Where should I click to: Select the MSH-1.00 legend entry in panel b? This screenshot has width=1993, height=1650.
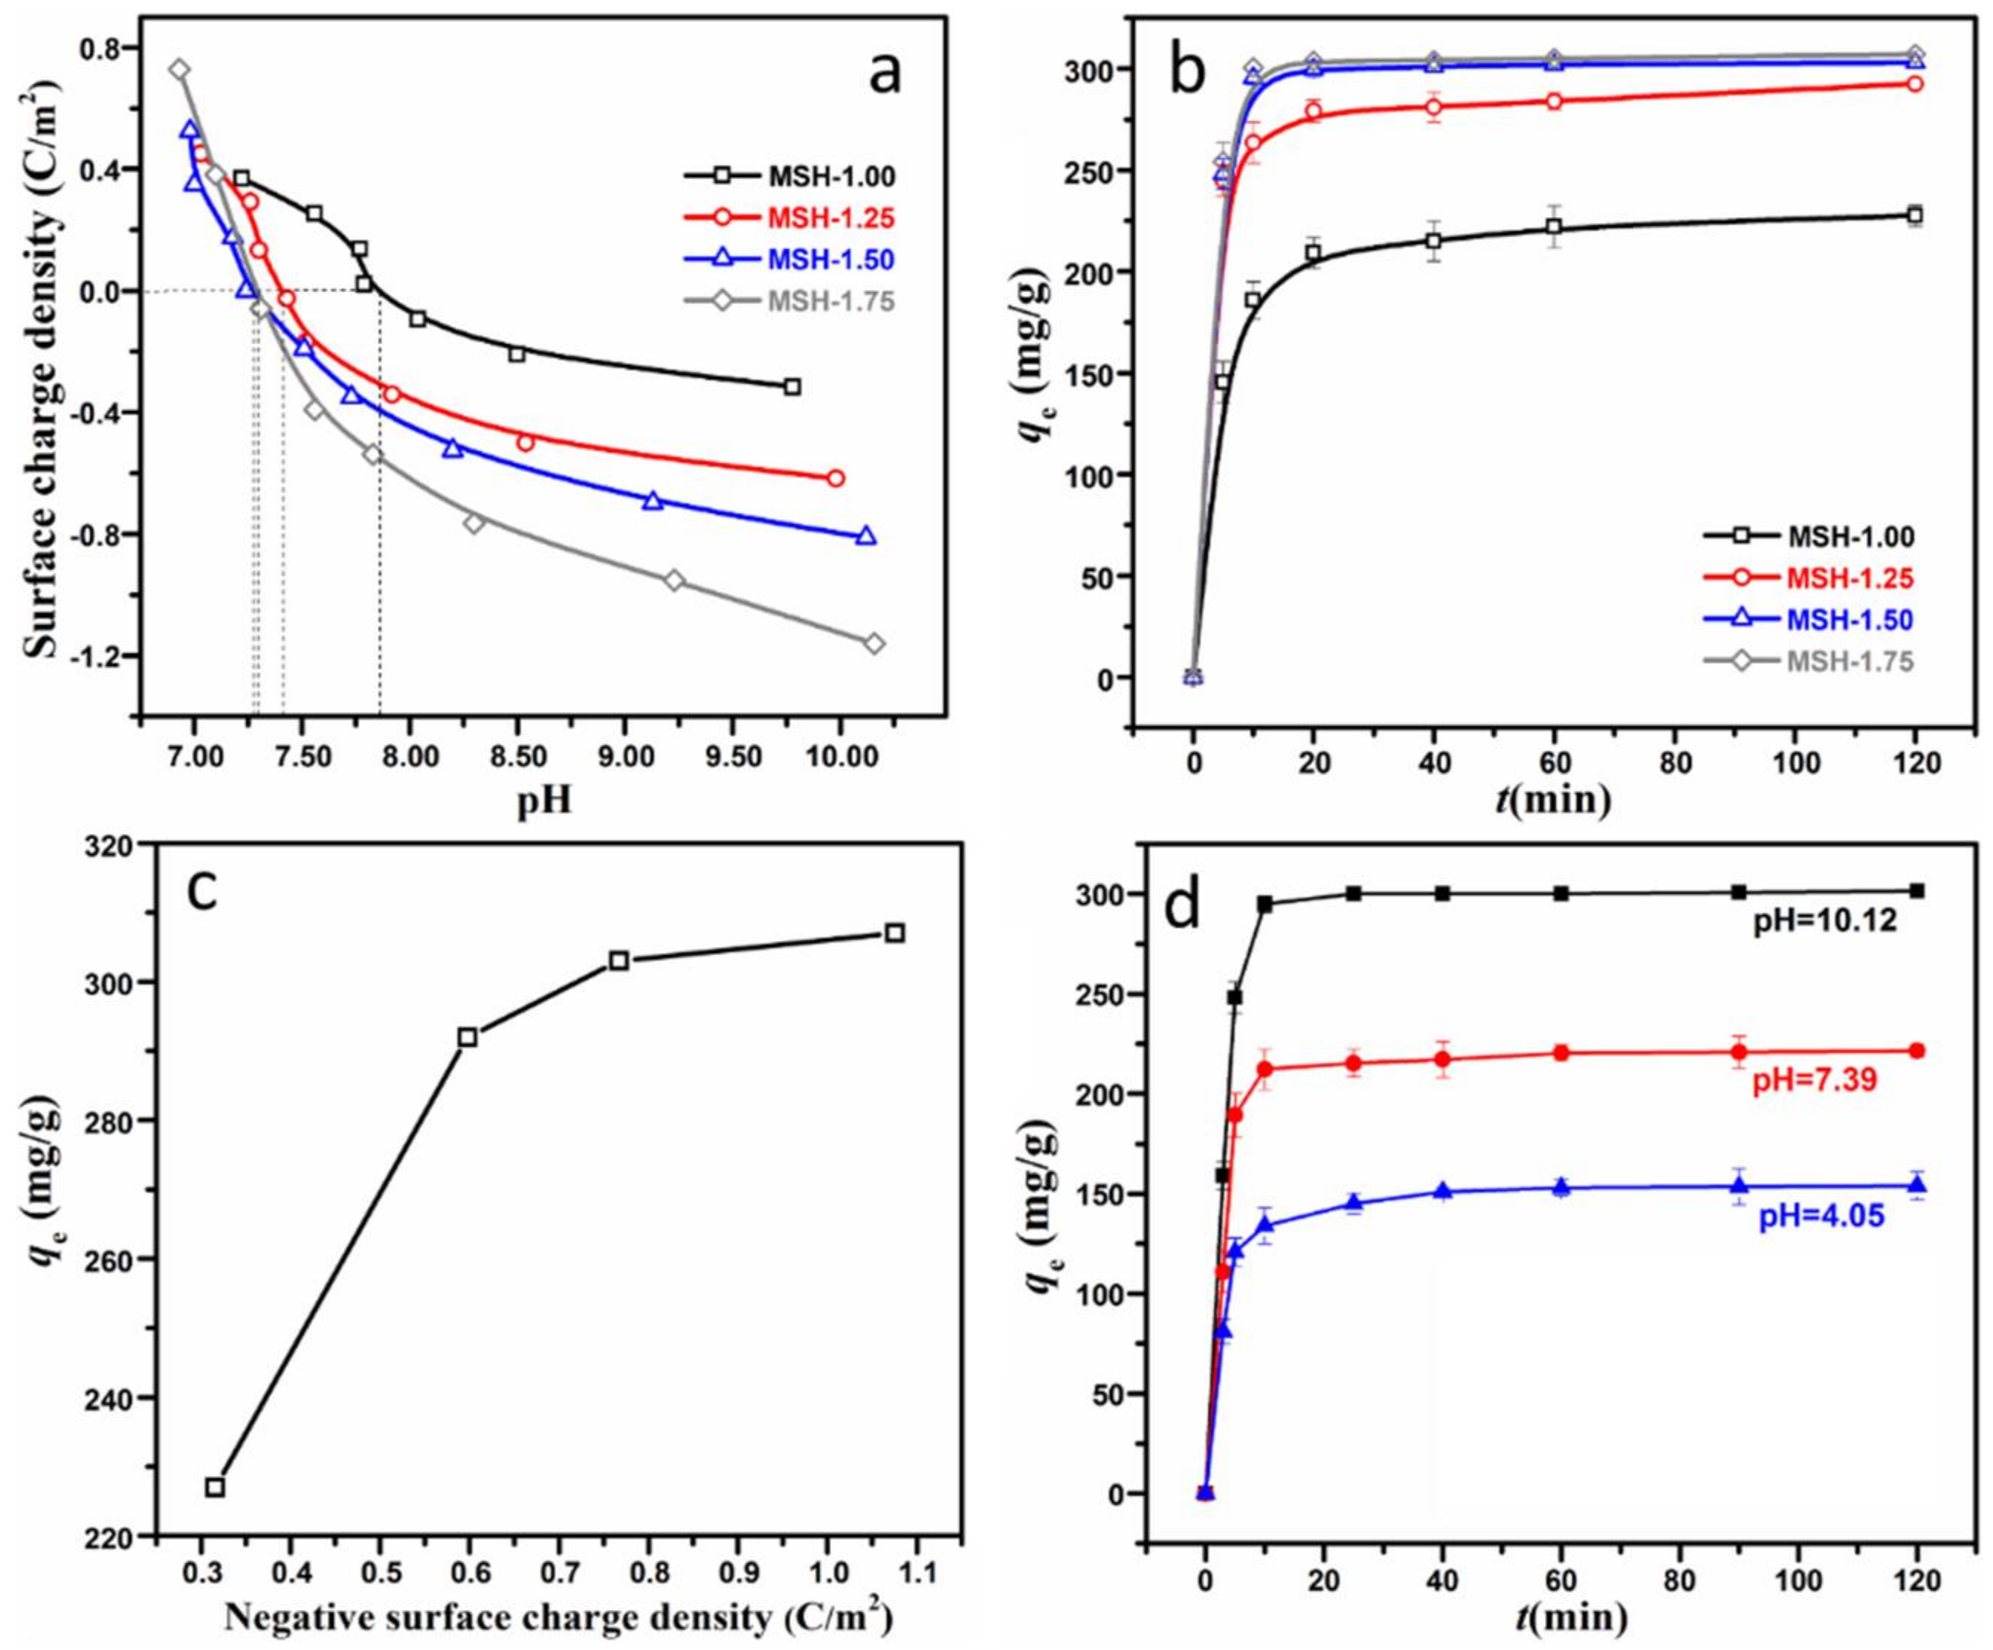(1851, 537)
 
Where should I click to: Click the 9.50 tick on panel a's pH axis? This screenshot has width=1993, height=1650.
(731, 758)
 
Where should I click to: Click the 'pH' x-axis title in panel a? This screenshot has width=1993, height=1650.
(544, 803)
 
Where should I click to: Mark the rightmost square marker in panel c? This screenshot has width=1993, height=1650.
(894, 934)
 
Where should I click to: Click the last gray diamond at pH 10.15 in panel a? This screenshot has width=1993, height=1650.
(874, 644)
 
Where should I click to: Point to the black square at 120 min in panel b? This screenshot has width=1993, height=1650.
(1914, 216)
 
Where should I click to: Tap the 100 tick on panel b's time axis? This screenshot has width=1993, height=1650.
(1794, 765)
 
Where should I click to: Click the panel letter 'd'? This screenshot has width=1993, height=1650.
(1183, 908)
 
